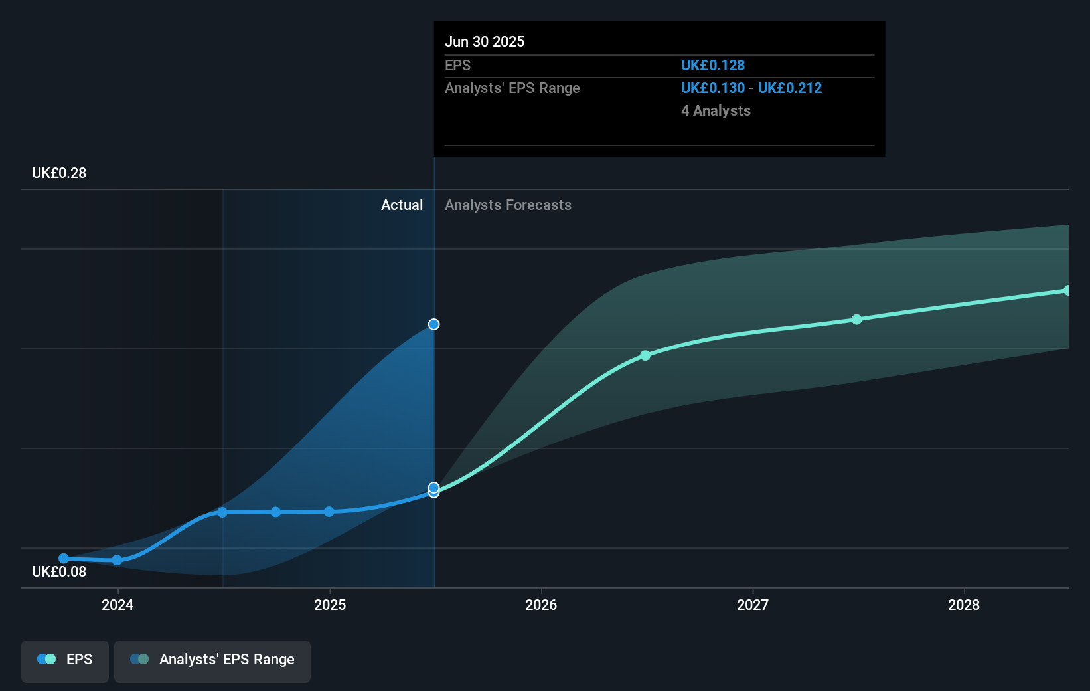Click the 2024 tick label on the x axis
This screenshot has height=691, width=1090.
click(117, 605)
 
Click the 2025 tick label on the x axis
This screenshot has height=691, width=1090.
click(330, 605)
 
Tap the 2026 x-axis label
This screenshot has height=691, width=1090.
click(541, 605)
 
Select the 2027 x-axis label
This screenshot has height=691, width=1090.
click(753, 605)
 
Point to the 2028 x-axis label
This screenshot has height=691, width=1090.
click(964, 605)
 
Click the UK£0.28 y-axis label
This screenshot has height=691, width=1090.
click(59, 173)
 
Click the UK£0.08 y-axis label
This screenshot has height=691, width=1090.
click(59, 572)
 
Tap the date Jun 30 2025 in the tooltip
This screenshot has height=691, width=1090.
click(485, 42)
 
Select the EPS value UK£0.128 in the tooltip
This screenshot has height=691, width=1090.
click(713, 66)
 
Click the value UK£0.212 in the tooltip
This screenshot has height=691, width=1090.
click(790, 88)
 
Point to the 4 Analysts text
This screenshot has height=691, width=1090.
click(716, 111)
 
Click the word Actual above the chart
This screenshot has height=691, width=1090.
click(402, 205)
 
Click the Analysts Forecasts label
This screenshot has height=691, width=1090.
click(508, 205)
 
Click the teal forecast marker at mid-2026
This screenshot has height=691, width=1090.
click(645, 356)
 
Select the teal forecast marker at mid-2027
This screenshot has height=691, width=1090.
click(856, 320)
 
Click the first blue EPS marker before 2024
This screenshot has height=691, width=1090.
click(64, 559)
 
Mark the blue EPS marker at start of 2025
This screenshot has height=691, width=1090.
click(329, 512)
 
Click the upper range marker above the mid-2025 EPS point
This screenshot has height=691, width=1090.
click(433, 324)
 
